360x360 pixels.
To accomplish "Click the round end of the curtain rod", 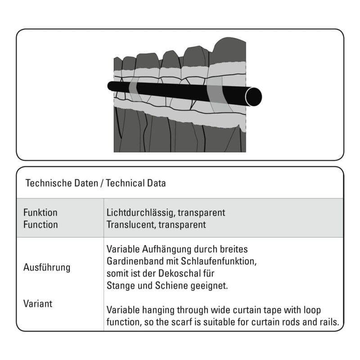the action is pos(253,97).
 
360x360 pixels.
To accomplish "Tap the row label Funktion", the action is pos(40,212).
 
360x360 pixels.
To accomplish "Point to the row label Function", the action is pos(40,225).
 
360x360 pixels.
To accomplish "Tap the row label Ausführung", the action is pos(47,267).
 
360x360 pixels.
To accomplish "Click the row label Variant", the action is pos(38,303).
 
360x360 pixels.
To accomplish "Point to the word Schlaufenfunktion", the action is pos(219,261).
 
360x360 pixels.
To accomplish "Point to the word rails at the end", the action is pos(329,322).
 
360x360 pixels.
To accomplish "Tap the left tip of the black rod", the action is pos(108,86).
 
